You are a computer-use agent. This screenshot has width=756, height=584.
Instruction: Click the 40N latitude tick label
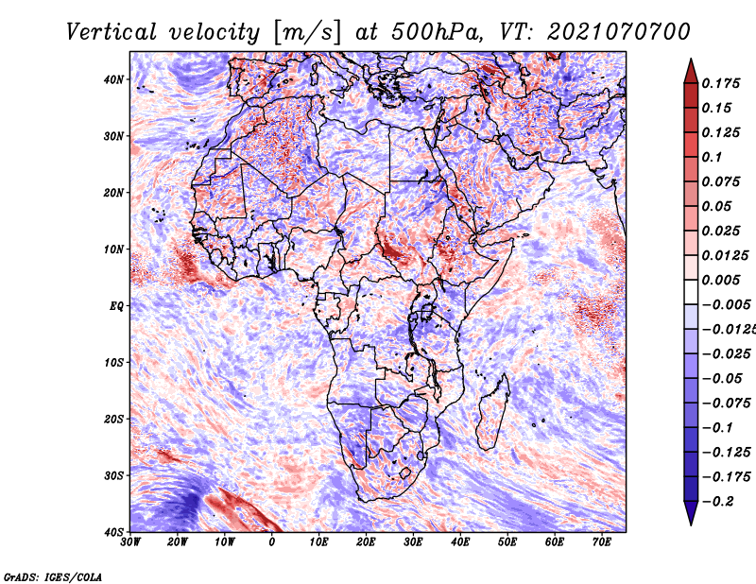click(x=113, y=79)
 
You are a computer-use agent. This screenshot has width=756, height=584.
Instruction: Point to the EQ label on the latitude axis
click(x=116, y=306)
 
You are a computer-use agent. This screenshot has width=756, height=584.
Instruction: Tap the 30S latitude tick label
click(x=113, y=475)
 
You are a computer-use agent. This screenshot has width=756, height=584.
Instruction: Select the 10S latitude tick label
click(x=113, y=362)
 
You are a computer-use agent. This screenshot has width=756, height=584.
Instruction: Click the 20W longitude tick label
click(x=177, y=542)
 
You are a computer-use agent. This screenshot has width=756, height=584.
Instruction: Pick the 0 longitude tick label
click(x=272, y=542)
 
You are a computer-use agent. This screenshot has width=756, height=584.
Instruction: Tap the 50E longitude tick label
click(x=507, y=542)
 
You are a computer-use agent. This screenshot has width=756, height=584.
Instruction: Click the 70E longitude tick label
click(x=601, y=542)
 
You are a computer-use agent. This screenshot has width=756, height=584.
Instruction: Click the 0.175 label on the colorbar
click(x=720, y=83)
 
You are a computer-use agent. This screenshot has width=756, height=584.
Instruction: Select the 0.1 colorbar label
click(x=712, y=157)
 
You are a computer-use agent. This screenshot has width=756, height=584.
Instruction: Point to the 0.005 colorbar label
click(x=720, y=280)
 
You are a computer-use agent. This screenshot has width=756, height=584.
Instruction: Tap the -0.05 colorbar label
click(x=722, y=379)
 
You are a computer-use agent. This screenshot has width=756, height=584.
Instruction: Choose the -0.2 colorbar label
click(x=717, y=502)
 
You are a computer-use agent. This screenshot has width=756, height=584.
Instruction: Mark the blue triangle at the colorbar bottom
click(x=691, y=511)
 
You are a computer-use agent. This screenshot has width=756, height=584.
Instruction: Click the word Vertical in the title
click(x=112, y=32)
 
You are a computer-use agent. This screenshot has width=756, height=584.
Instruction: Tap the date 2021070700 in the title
click(x=619, y=32)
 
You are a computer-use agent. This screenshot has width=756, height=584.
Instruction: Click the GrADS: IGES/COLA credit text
click(x=53, y=577)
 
